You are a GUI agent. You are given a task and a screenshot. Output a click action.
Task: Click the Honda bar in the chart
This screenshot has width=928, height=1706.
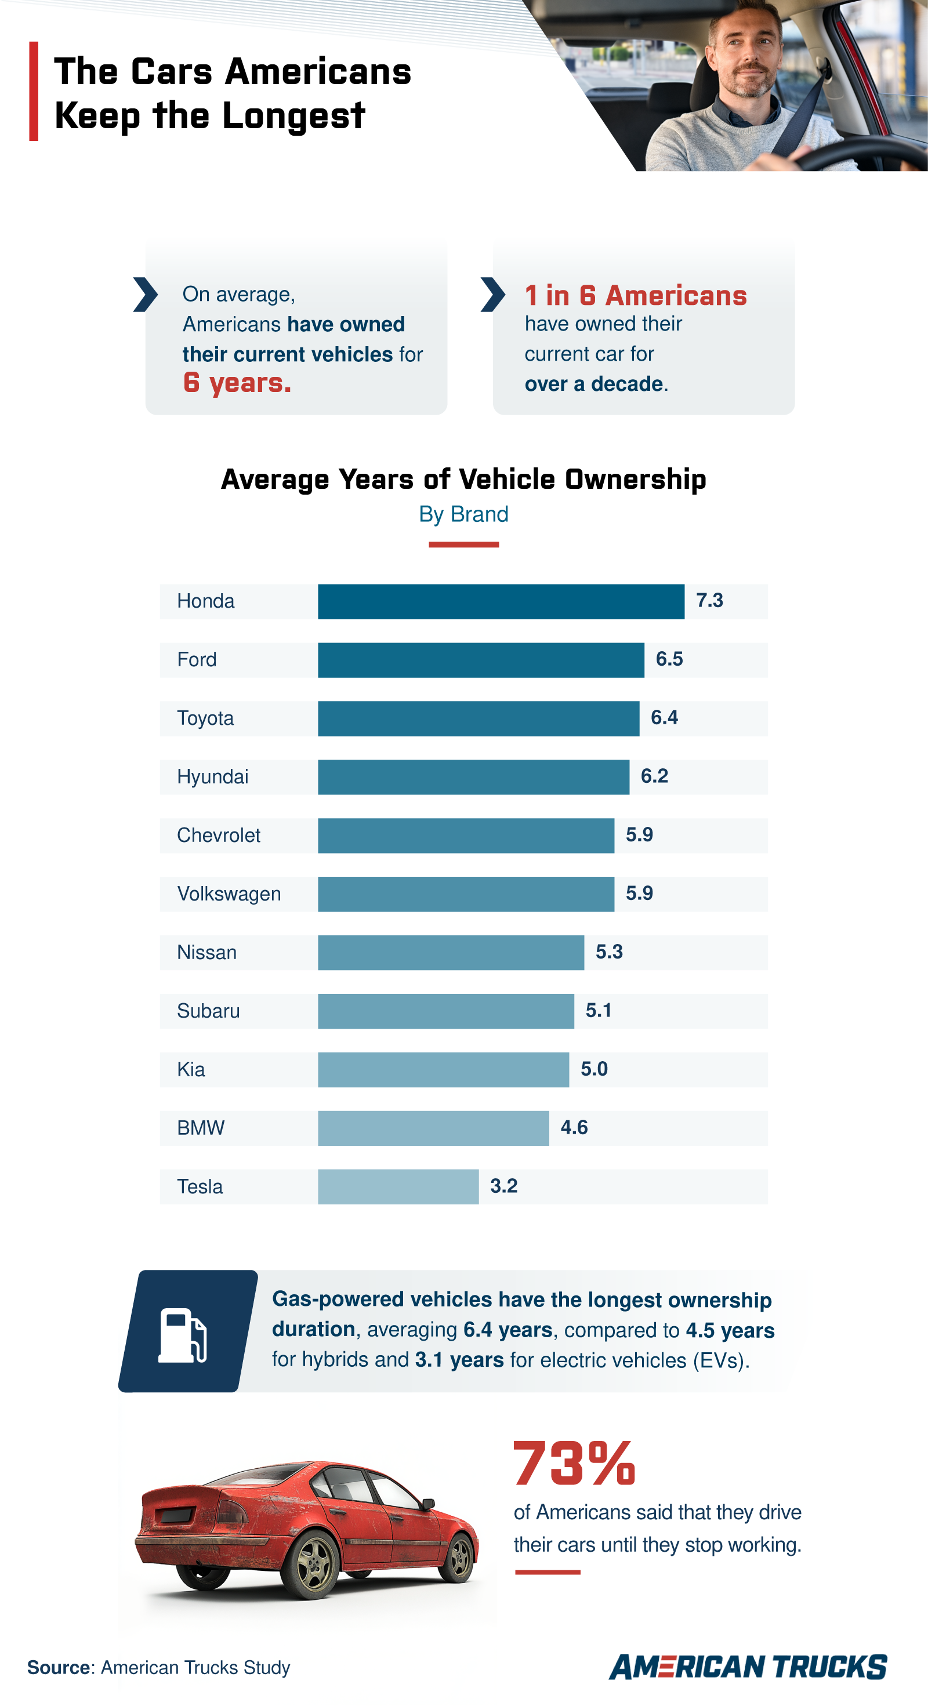501,601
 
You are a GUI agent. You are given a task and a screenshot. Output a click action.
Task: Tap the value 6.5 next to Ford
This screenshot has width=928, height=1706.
669,659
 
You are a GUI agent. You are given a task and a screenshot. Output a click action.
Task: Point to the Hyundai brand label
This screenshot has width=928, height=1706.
213,777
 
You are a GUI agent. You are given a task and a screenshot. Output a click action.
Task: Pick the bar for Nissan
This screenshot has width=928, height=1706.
451,952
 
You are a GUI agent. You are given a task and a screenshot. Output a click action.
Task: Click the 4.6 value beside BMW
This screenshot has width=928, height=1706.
574,1127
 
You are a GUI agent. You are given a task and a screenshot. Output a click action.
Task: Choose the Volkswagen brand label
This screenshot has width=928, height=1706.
229,894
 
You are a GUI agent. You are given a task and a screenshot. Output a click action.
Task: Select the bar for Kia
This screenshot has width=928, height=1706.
443,1069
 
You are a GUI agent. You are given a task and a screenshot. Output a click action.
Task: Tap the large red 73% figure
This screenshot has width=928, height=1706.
574,1464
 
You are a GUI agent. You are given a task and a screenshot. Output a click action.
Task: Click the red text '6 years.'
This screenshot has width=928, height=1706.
237,383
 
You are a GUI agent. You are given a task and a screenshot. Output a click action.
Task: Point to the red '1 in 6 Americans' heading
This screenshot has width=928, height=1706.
635,295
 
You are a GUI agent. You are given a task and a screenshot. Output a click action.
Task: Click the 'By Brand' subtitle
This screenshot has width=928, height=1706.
463,514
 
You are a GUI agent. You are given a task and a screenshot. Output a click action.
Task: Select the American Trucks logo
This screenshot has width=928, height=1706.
748,1667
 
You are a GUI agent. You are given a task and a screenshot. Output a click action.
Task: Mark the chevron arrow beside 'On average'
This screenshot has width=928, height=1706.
145,295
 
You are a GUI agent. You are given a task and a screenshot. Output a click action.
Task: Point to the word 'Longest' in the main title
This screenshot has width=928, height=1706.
293,117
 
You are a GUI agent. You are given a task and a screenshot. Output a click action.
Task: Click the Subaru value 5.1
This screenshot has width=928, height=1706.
598,1011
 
